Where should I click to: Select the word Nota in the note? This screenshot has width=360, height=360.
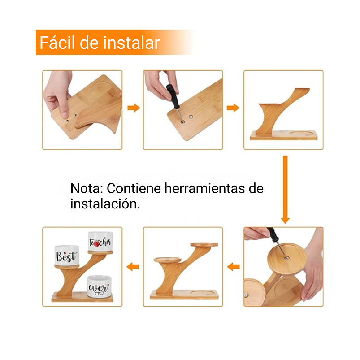(x=87, y=188)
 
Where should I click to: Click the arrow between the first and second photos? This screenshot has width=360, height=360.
(x=133, y=108)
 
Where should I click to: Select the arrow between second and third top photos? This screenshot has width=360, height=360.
(x=233, y=108)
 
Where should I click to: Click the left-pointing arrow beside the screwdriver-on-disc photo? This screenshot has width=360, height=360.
(x=233, y=267)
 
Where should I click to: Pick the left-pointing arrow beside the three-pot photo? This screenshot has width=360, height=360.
(x=133, y=267)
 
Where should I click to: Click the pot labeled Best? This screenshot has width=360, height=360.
(x=67, y=256)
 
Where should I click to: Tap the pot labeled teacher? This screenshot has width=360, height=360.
(x=100, y=242)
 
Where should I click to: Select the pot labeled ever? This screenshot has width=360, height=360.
(x=99, y=287)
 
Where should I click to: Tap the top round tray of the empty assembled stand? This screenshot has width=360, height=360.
(x=204, y=245)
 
